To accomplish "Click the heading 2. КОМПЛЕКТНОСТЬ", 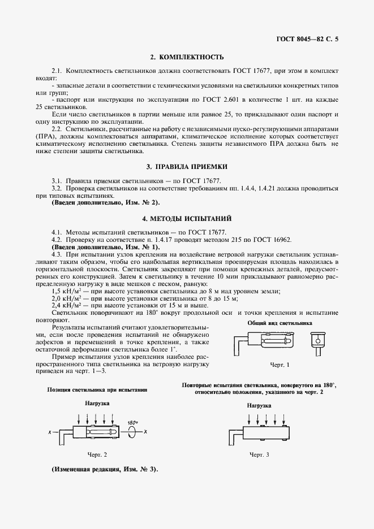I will [x=187, y=57].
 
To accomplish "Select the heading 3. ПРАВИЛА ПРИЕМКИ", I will [x=187, y=167].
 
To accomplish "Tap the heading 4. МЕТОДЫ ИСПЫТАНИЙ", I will [x=187, y=218].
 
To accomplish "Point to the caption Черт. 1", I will [x=280, y=365].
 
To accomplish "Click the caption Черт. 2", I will [x=97, y=454].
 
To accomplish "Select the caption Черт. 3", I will [x=260, y=454].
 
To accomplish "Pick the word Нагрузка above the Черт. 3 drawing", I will [x=259, y=406].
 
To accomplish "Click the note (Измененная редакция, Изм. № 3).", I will [x=105, y=470].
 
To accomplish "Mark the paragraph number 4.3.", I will [x=57, y=254].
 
